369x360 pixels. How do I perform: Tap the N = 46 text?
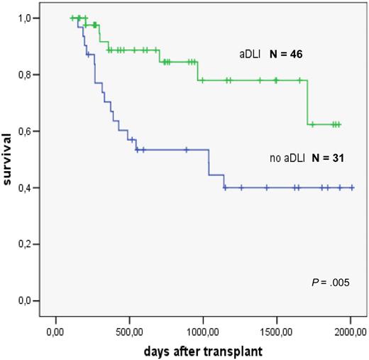point(287,54)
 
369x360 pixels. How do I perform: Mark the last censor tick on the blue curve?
point(352,187)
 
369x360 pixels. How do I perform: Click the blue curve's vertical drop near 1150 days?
point(224,181)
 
